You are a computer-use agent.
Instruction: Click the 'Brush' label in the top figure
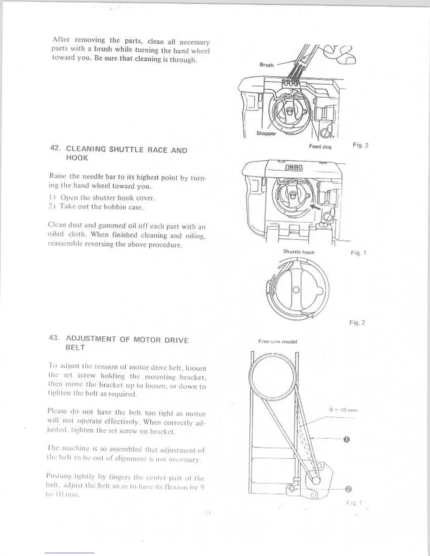click(267, 65)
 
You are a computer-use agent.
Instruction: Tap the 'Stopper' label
click(266, 133)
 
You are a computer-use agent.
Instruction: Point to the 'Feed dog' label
click(320, 146)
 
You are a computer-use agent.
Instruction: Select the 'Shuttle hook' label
click(299, 252)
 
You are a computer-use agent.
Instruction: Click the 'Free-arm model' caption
click(278, 341)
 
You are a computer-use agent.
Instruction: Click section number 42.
click(56, 149)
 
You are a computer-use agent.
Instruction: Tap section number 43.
click(56, 339)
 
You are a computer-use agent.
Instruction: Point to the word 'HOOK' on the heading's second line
click(77, 158)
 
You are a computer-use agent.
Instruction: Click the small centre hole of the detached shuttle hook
click(296, 290)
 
